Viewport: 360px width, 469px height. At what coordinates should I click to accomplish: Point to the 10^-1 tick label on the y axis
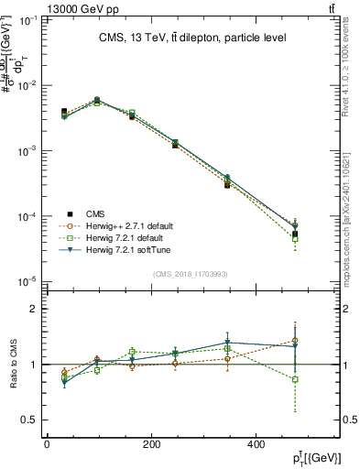(26, 19)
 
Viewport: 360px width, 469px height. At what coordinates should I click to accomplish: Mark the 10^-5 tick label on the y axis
(26, 282)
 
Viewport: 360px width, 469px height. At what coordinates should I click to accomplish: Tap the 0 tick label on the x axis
(47, 444)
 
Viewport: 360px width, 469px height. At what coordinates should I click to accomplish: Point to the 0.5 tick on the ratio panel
(29, 420)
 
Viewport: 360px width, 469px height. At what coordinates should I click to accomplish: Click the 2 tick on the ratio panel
(33, 309)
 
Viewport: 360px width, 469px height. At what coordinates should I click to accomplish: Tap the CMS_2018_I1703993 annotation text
(191, 273)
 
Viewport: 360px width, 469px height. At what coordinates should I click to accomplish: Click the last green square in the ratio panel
(295, 379)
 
